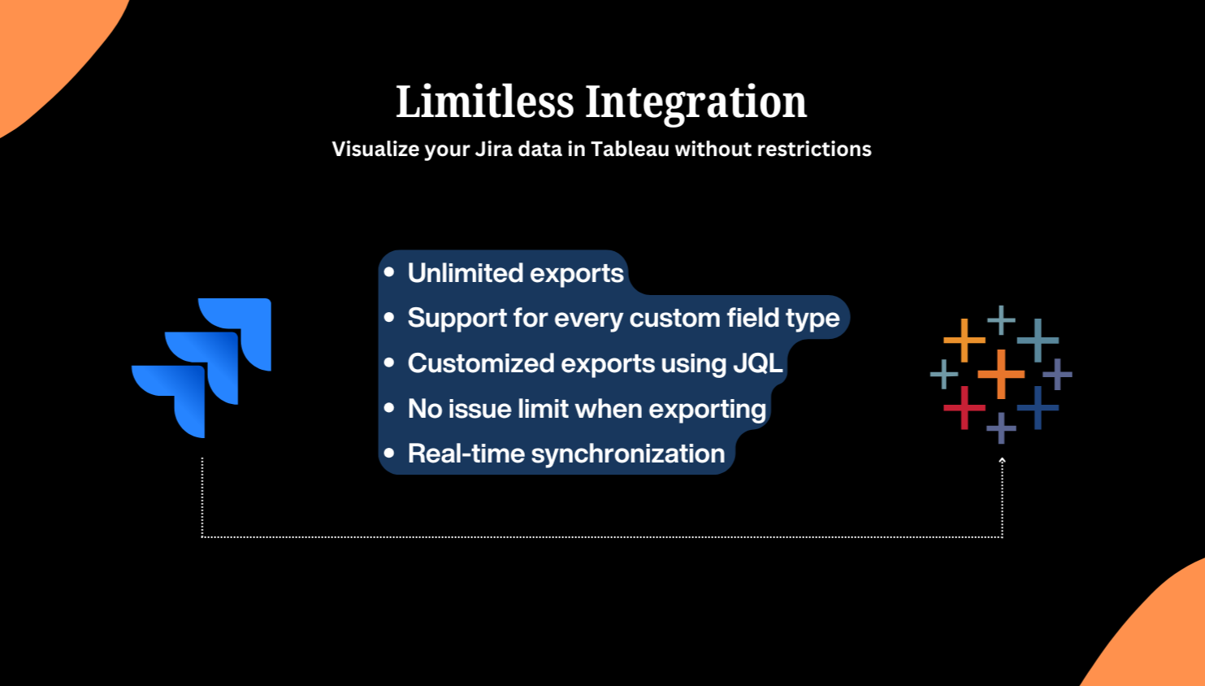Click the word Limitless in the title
(x=485, y=101)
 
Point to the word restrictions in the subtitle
(x=814, y=149)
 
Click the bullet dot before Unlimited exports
(x=389, y=272)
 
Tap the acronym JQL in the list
(x=758, y=363)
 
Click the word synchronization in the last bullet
(x=628, y=454)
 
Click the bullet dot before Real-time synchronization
(x=389, y=453)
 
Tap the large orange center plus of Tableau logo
(x=1001, y=374)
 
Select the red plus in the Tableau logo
(x=964, y=408)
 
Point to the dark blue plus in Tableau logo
(x=1038, y=408)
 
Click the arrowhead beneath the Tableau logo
(x=1002, y=461)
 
